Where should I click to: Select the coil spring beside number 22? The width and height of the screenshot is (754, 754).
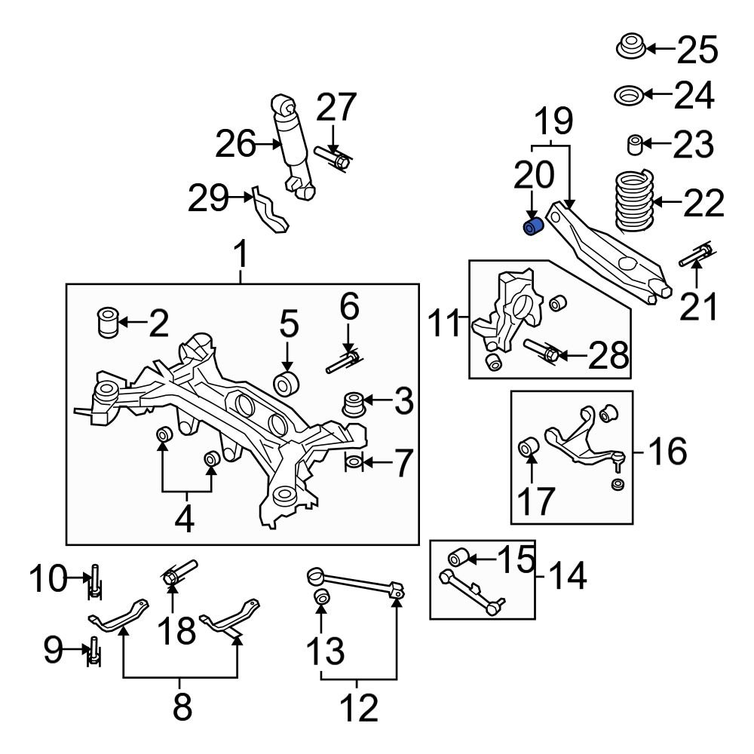pyautogui.click(x=631, y=201)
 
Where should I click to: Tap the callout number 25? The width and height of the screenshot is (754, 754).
pyautogui.click(x=697, y=51)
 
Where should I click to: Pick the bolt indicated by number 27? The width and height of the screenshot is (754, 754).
pyautogui.click(x=333, y=158)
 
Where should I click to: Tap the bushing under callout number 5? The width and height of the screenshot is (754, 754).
pyautogui.click(x=288, y=382)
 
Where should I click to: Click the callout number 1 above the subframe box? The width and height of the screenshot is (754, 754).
pyautogui.click(x=241, y=258)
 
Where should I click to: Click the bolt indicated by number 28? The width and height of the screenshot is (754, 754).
pyautogui.click(x=543, y=351)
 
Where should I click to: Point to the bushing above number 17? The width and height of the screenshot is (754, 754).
pyautogui.click(x=529, y=448)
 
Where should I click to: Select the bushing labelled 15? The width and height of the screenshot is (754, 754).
pyautogui.click(x=460, y=559)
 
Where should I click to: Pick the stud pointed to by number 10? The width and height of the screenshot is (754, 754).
pyautogui.click(x=95, y=581)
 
